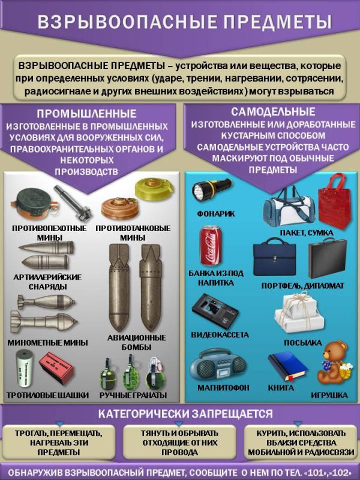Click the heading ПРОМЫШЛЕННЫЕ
click(x=87, y=114)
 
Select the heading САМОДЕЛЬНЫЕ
click(x=273, y=112)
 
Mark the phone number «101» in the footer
click(x=313, y=466)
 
